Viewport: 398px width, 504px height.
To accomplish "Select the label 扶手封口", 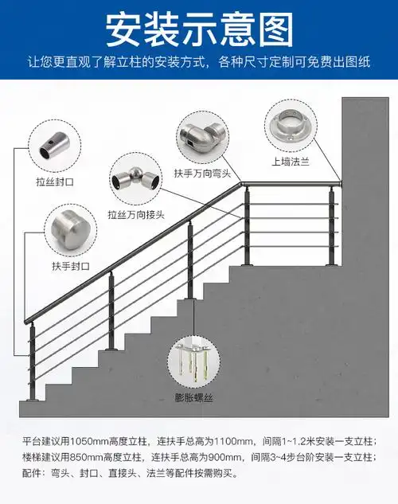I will click(x=71, y=264).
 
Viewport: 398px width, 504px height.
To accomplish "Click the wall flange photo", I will click(x=292, y=124).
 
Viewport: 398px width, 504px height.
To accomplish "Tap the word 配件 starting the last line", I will click(x=32, y=473).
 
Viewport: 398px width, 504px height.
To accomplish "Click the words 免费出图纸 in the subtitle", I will click(x=338, y=61).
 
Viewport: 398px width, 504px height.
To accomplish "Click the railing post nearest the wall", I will click(x=328, y=225).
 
